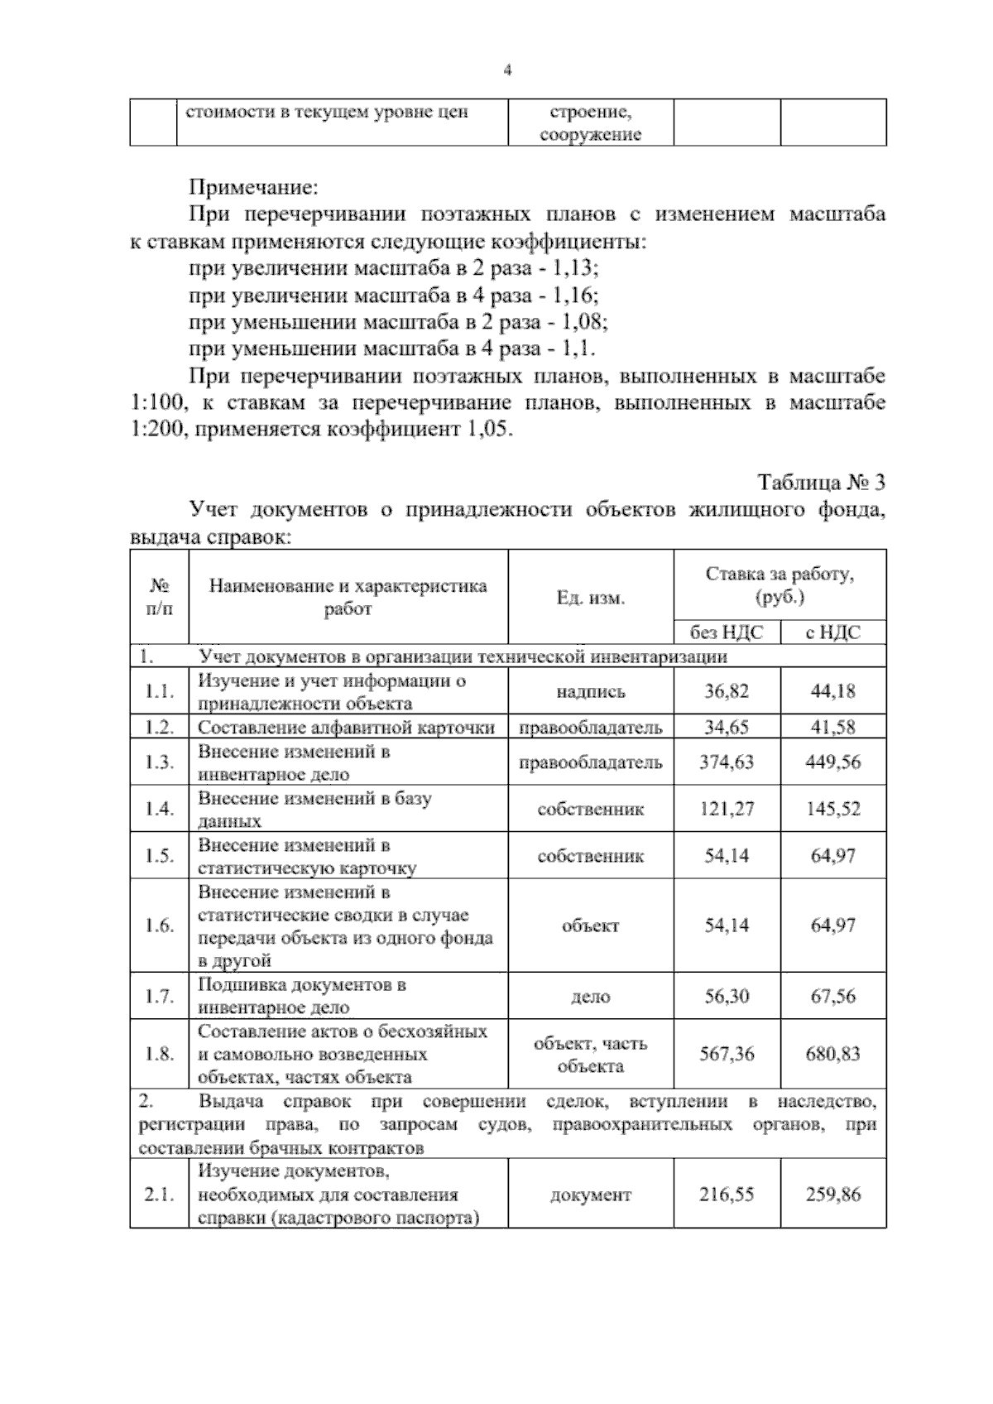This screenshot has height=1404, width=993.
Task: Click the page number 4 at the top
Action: click(507, 71)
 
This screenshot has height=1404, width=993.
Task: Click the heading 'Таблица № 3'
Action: click(821, 483)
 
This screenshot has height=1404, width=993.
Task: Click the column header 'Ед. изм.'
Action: click(590, 598)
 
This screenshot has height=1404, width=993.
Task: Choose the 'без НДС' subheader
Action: click(727, 632)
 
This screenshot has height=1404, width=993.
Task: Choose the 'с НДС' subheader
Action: click(832, 632)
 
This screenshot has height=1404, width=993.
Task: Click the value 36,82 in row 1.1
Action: click(727, 691)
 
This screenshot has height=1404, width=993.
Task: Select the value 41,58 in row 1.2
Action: click(832, 728)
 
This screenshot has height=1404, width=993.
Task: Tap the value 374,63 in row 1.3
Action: click(727, 762)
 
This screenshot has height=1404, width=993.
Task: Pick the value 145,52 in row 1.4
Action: click(832, 809)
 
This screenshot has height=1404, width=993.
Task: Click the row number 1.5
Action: click(159, 856)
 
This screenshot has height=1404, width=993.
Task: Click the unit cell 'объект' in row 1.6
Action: click(590, 926)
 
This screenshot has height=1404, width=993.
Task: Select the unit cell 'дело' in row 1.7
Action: click(590, 997)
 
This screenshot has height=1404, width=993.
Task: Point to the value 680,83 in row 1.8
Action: click(832, 1054)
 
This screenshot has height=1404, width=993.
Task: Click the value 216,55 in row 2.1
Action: click(727, 1195)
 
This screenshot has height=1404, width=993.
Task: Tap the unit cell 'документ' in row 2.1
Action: click(590, 1195)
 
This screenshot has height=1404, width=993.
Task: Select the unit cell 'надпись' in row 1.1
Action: click(590, 692)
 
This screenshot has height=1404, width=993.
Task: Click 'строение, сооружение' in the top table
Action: click(590, 123)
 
